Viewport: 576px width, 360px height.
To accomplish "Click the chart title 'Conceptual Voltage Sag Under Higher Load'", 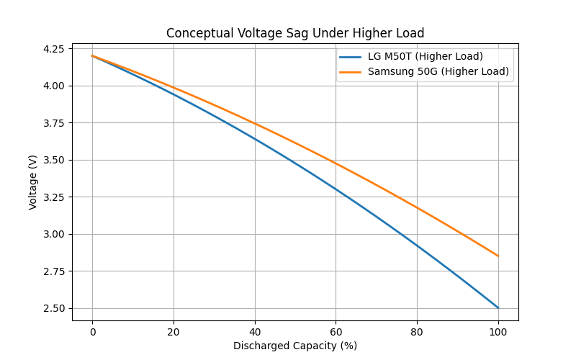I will click(x=295, y=33).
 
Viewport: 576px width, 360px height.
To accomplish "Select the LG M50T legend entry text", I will click(x=425, y=56).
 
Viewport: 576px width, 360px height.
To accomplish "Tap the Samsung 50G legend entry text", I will click(x=438, y=71).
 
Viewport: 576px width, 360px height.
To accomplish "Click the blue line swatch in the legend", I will click(x=351, y=56).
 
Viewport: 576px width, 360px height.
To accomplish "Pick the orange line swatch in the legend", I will click(x=351, y=71).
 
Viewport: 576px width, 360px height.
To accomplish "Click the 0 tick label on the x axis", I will click(x=92, y=332).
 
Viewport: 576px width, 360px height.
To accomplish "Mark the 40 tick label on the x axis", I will click(x=255, y=332).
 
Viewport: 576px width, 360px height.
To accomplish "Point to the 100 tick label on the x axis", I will click(x=498, y=332).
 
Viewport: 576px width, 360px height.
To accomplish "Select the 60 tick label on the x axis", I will click(x=336, y=332).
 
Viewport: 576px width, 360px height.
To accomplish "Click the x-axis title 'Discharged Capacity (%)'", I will click(x=295, y=346).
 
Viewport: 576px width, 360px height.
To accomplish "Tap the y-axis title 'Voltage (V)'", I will click(x=33, y=182).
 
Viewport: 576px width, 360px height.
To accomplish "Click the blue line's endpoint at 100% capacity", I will click(x=498, y=308).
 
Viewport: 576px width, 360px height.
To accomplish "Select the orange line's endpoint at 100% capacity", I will click(x=498, y=256).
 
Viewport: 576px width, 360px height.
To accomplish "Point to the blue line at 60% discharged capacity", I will click(x=336, y=189).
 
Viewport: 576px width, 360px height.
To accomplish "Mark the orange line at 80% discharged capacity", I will click(x=417, y=207).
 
